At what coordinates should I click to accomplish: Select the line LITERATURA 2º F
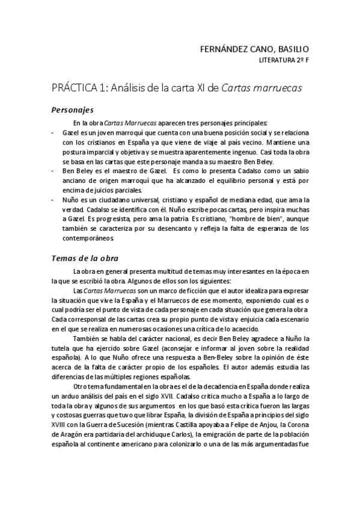pos(284,61)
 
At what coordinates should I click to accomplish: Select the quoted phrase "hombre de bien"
pos(257,220)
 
